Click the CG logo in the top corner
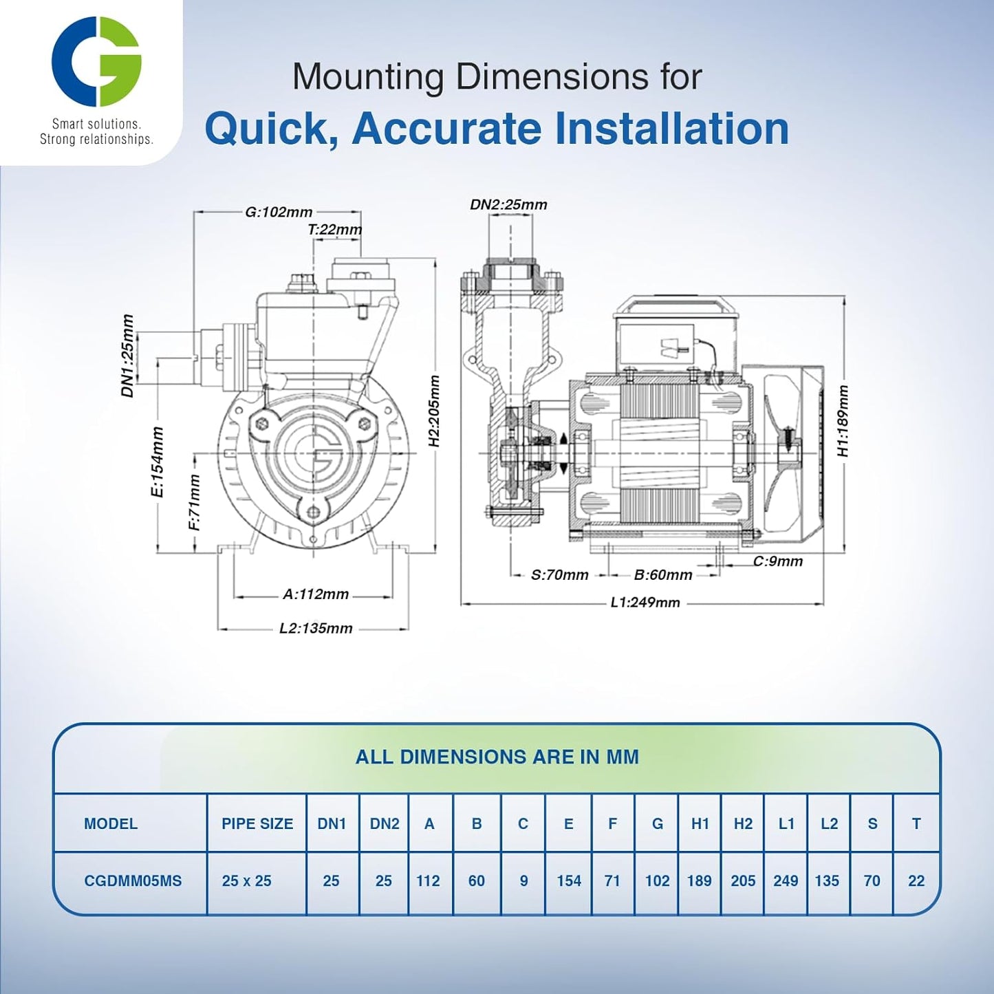tap(96, 62)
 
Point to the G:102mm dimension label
tap(279, 212)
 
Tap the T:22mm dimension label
tap(334, 230)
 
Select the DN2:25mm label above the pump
tap(508, 204)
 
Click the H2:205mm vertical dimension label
tap(434, 411)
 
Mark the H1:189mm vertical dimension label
tap(843, 421)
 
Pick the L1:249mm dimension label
tap(645, 603)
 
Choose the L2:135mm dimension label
tap(316, 628)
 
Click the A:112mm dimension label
tap(316, 594)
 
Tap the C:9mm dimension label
tap(777, 561)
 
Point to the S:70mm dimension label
tap(559, 575)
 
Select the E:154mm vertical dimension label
tap(158, 462)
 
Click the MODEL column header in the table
tap(111, 823)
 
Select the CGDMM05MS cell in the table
tap(133, 880)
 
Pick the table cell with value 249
tap(786, 880)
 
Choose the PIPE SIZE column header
tap(257, 823)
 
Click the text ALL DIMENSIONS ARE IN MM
tap(497, 757)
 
